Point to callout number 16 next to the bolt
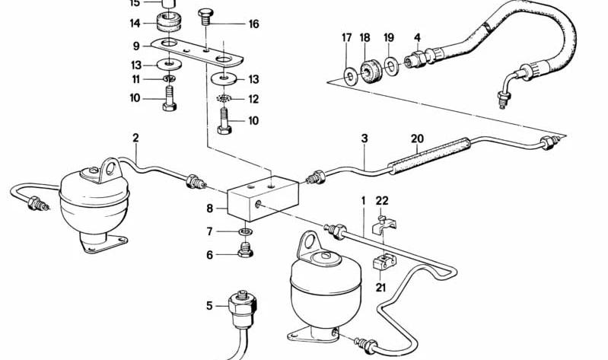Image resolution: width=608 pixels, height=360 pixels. tap(253, 24)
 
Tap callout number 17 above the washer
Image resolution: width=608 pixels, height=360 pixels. tap(346, 37)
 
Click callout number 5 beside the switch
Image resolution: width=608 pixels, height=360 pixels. tap(209, 306)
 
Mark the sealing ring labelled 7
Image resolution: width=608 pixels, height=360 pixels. tap(246, 231)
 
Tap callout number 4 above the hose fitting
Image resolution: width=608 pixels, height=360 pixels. tap(417, 37)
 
